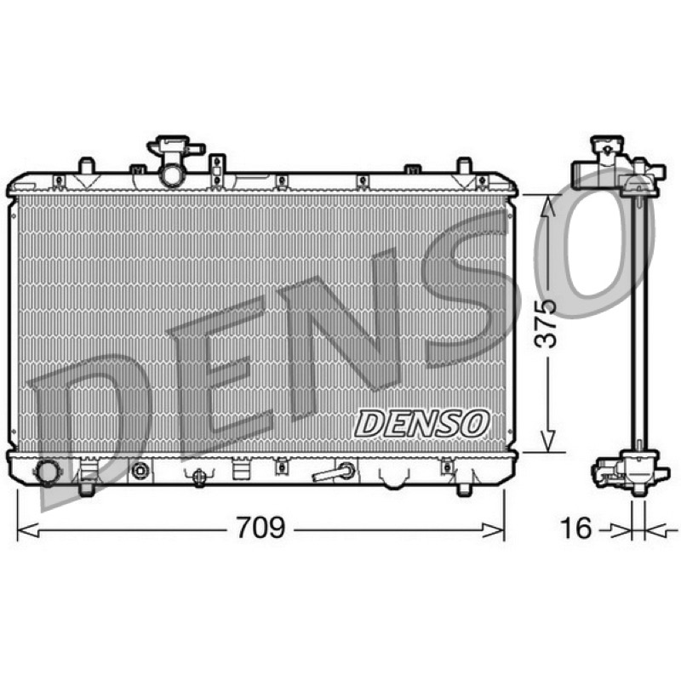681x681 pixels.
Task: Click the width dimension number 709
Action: [260, 527]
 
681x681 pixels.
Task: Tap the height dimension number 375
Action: [546, 323]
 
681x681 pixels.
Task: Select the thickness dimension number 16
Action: [576, 527]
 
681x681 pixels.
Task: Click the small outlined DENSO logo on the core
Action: [422, 423]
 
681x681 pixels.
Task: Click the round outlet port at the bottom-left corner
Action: [46, 472]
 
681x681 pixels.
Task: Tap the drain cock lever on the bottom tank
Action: [333, 472]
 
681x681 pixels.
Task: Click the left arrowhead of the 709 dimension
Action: [28, 530]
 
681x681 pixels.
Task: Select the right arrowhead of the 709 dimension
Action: [494, 530]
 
